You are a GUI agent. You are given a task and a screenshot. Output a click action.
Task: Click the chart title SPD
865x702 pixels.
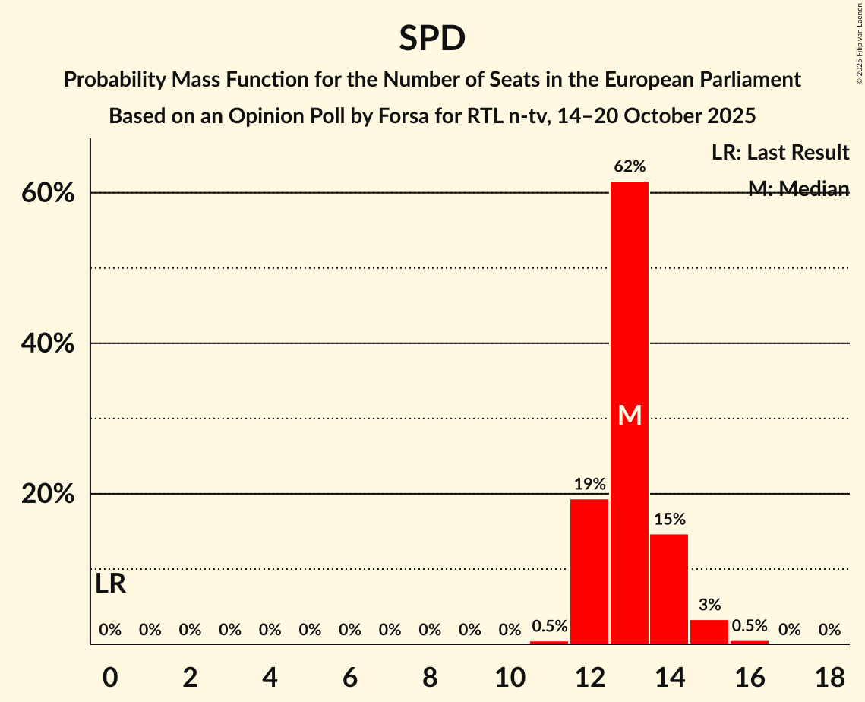point(432,38)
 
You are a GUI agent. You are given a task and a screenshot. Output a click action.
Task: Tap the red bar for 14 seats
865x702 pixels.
point(669,589)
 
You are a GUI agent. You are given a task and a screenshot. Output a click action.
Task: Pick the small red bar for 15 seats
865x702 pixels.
point(709,632)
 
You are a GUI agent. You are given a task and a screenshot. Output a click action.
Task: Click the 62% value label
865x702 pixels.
point(630,166)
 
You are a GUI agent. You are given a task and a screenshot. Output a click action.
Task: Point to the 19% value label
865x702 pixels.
point(589,484)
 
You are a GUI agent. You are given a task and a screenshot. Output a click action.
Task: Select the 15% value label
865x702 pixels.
point(669,520)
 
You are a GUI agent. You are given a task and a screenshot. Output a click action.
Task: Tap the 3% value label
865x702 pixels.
point(709,606)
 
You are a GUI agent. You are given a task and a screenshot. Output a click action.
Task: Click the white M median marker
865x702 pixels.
point(630,415)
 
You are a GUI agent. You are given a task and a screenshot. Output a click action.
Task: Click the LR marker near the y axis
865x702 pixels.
point(111,584)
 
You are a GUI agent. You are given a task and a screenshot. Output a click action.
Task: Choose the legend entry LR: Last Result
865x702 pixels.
point(780,153)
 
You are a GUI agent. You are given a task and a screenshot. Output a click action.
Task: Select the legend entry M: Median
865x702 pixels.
point(798,189)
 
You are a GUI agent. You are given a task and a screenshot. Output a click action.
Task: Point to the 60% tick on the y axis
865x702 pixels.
point(47,193)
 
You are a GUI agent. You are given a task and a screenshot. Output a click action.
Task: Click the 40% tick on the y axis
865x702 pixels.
point(47,343)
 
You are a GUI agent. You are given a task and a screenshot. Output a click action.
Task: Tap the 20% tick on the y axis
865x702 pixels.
point(47,494)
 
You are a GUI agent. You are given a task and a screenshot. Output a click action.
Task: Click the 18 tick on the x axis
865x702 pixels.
point(829,676)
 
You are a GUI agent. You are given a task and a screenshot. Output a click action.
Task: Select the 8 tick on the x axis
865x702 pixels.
point(430,676)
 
